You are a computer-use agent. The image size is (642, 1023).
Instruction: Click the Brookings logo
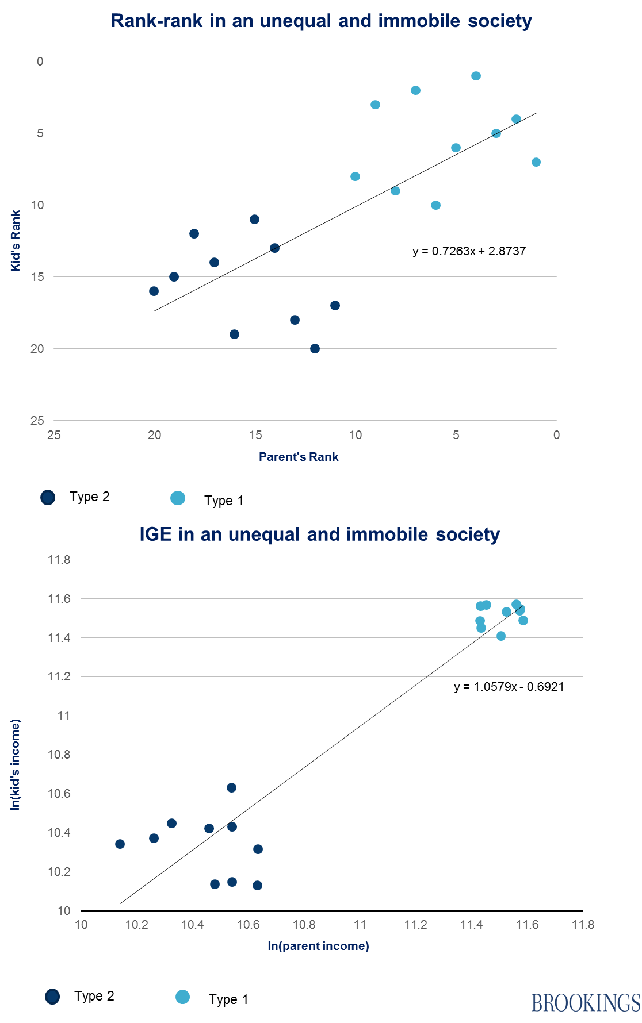(586, 1002)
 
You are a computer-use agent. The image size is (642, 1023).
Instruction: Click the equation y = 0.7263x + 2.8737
(469, 251)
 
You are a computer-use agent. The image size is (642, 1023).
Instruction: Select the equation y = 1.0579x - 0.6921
(509, 687)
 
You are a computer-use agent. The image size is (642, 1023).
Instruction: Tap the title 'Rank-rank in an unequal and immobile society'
(321, 21)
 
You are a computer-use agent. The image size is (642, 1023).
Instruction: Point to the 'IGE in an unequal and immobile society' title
(319, 534)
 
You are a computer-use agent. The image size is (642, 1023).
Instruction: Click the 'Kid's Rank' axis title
(16, 240)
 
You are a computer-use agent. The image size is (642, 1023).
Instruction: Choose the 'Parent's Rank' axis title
(299, 457)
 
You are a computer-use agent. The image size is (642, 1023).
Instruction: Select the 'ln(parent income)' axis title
(318, 946)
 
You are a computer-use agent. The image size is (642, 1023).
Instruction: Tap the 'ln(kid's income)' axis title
(16, 764)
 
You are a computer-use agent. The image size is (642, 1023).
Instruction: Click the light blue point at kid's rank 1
(476, 76)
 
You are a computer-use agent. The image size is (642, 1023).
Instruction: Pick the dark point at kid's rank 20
(315, 349)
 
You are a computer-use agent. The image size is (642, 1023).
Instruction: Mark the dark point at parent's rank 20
(154, 291)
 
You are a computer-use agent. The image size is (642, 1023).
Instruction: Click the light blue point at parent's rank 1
(536, 162)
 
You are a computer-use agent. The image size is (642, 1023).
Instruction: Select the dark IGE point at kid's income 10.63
(231, 788)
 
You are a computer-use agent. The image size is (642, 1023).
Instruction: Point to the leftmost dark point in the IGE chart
(120, 844)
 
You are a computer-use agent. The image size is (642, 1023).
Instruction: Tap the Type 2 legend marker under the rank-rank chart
(48, 498)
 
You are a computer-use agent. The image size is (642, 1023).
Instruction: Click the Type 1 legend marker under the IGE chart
(182, 997)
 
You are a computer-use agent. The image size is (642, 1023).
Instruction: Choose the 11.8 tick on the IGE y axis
(59, 560)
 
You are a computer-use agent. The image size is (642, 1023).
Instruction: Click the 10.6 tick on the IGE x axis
(249, 925)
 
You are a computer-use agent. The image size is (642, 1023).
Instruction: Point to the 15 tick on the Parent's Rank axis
(255, 435)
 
